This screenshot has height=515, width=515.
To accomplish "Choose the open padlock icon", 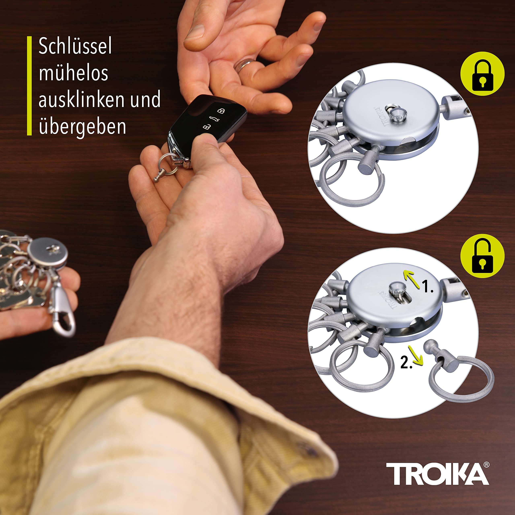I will click(482, 256).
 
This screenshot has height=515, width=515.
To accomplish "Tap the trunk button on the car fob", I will click(213, 119).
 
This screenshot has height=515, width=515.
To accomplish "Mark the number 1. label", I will click(428, 288).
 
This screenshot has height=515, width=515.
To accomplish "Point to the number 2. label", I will click(406, 363).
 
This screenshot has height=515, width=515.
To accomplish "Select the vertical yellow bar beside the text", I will click(29, 86).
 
